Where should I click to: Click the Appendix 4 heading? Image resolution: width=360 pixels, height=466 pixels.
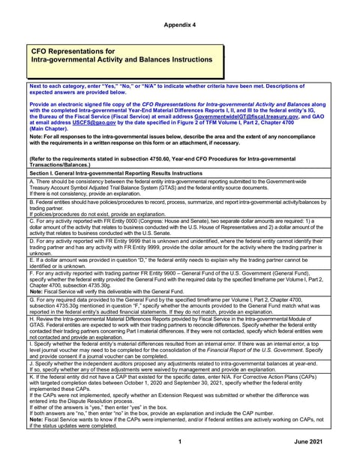pos(180,25)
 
